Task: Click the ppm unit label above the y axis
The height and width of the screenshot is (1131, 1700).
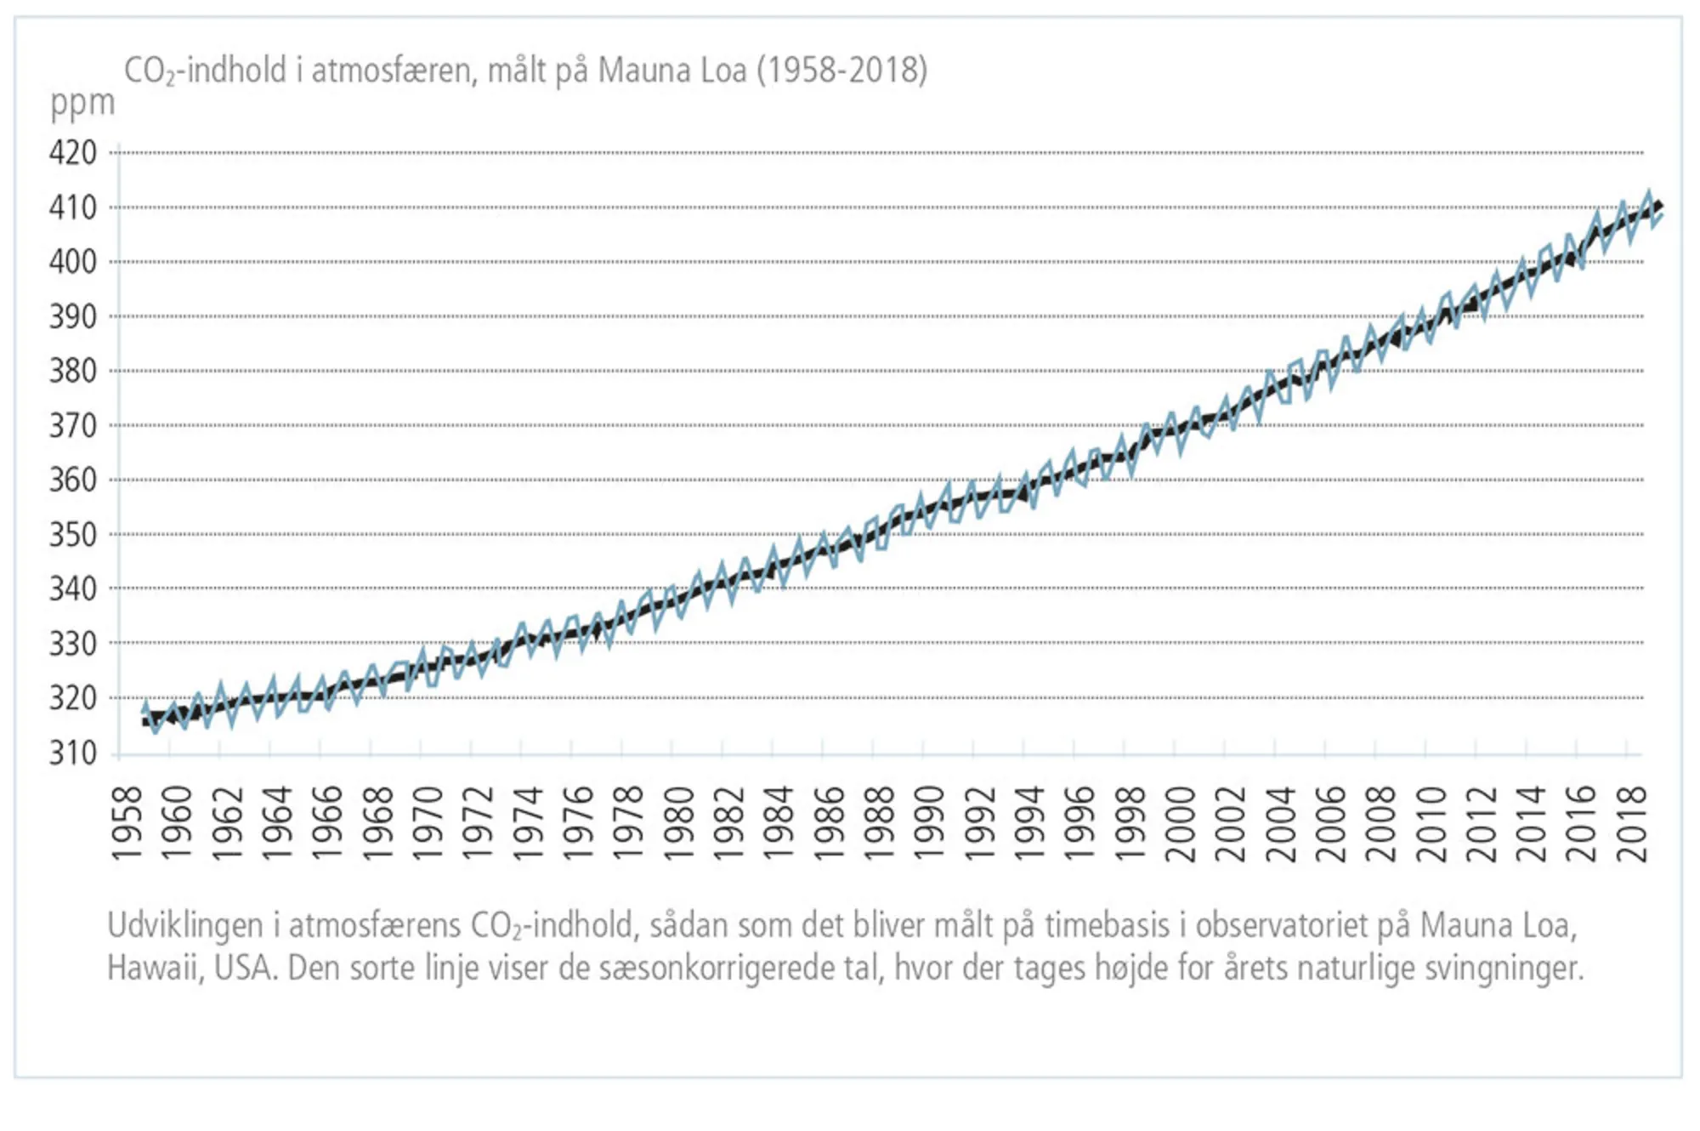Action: click(x=82, y=104)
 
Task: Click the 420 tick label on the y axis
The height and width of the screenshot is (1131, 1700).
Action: click(x=72, y=153)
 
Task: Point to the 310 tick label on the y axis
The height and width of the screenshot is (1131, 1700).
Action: click(x=72, y=753)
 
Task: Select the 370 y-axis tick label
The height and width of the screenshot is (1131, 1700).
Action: click(x=72, y=425)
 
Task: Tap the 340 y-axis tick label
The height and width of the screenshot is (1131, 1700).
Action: click(x=72, y=588)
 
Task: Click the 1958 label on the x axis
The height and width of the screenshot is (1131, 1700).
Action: click(x=127, y=823)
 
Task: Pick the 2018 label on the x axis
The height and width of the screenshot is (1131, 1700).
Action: click(x=1632, y=823)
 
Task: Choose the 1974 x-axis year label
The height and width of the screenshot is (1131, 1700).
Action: click(x=528, y=823)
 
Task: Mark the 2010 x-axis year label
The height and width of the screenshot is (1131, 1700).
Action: click(x=1431, y=823)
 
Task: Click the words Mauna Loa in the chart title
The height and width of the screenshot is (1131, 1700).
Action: click(x=671, y=71)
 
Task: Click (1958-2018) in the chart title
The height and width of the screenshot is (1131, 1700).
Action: click(x=841, y=71)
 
